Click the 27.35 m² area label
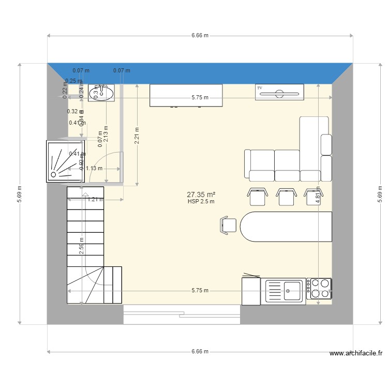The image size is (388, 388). [200, 195]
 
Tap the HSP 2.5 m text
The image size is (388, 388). [201, 202]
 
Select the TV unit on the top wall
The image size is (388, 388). [279, 91]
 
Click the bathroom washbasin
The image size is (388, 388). [100, 93]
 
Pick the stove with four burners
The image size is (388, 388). [319, 289]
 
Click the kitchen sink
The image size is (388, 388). [285, 290]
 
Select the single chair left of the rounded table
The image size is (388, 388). [229, 225]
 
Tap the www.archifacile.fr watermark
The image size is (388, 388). [356, 354]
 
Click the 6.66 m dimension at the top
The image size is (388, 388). [200, 36]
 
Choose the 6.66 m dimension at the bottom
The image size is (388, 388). [200, 351]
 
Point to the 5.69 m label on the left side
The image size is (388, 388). [19, 195]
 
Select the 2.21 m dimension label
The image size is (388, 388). [137, 136]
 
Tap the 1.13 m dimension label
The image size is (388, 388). [94, 168]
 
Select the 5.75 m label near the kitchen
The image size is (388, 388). [200, 290]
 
